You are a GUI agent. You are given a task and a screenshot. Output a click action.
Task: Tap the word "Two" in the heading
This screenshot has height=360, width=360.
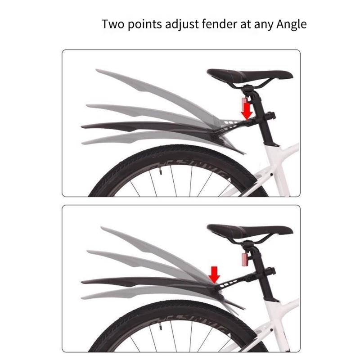tap(112, 23)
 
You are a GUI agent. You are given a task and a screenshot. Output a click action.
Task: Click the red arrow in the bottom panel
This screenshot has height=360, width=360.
tap(215, 273)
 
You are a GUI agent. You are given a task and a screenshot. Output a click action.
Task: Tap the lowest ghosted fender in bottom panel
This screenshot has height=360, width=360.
tap(135, 295)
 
